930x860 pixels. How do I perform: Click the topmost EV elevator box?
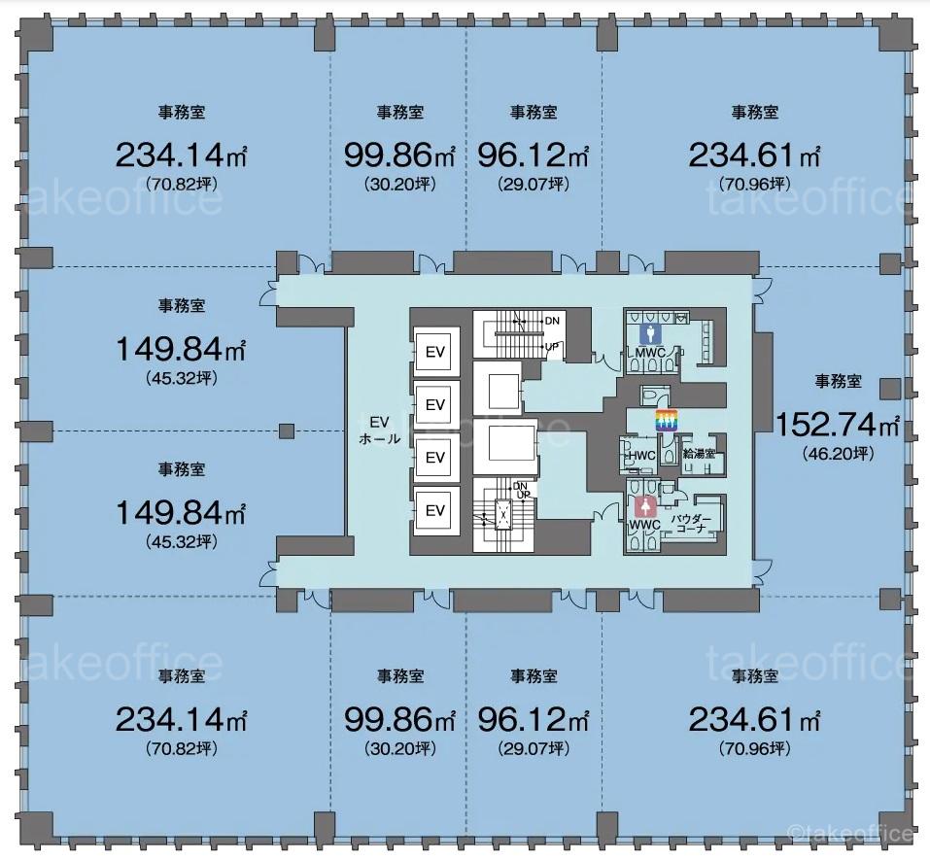(x=435, y=352)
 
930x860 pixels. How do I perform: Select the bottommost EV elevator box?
(x=435, y=511)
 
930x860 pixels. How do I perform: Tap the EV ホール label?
(x=380, y=430)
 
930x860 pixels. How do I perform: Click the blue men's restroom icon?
(x=651, y=334)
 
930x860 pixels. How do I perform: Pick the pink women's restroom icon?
(x=644, y=507)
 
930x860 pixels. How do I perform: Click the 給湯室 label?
(x=699, y=455)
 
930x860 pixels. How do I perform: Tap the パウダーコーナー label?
(x=691, y=523)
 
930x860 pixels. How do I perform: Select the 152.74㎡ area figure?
(x=837, y=425)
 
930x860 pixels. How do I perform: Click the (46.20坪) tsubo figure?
(x=838, y=455)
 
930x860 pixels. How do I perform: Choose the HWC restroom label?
(x=641, y=456)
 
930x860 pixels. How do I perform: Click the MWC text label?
(x=650, y=353)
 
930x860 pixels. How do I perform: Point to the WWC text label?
(x=644, y=525)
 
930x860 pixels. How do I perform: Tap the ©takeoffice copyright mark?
(x=850, y=834)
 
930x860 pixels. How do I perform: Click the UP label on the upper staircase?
(x=552, y=346)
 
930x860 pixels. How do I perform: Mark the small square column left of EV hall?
(x=287, y=430)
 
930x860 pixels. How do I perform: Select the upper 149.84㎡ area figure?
(x=181, y=349)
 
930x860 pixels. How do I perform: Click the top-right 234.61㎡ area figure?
(x=754, y=156)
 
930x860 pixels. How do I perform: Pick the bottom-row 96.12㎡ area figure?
(x=534, y=720)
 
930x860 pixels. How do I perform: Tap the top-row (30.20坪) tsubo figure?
(x=400, y=185)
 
